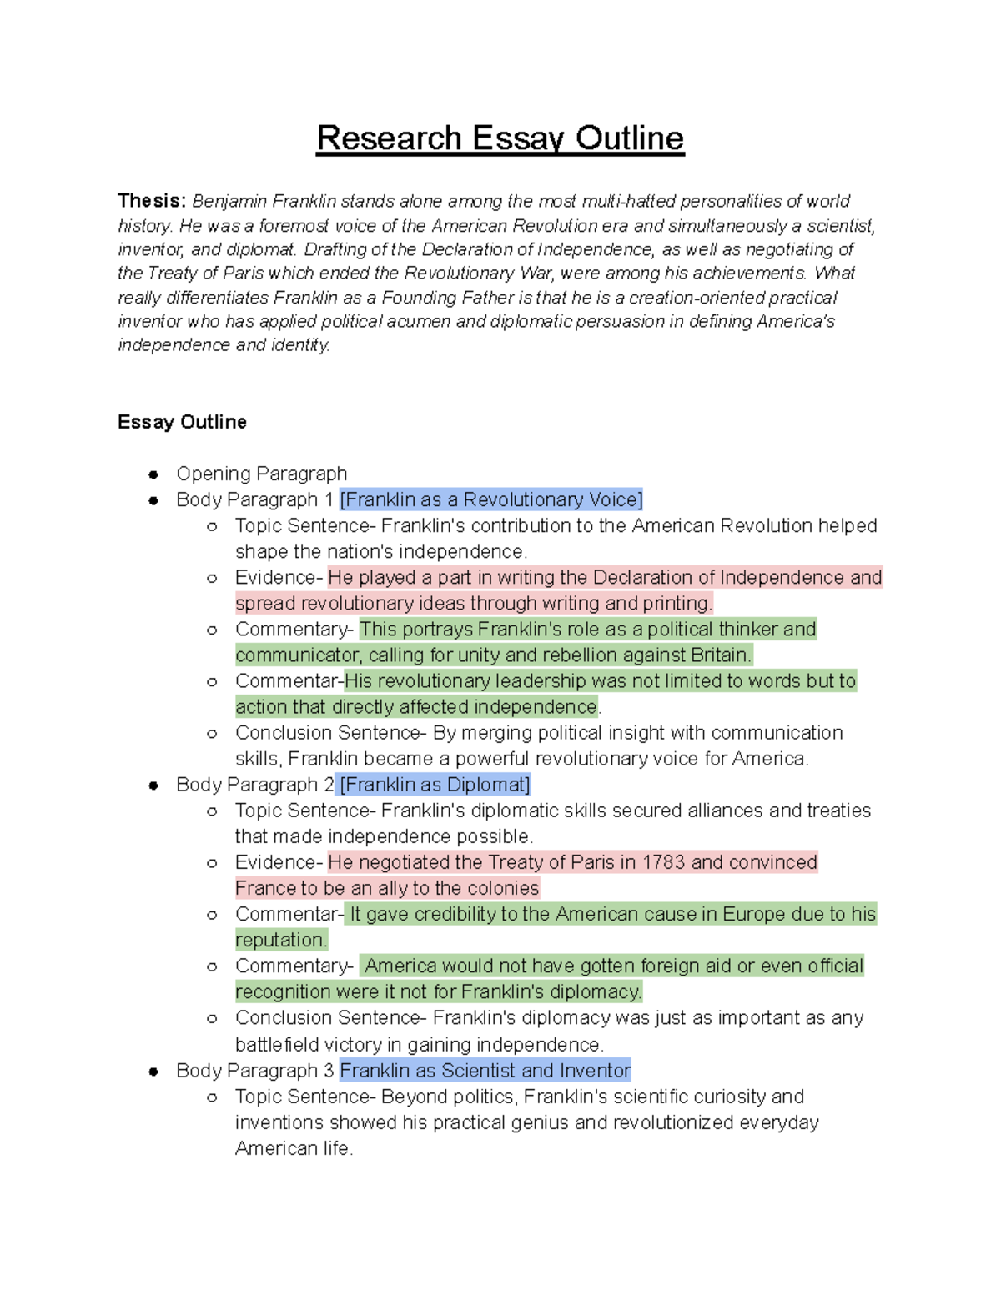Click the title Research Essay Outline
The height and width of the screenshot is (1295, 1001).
coord(500,138)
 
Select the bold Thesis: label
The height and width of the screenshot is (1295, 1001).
coord(151,201)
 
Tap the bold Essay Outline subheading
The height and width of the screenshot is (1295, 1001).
coord(182,422)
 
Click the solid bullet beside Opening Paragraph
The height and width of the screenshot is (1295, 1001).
coord(153,474)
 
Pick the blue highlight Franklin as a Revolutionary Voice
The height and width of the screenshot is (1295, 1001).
coord(491,499)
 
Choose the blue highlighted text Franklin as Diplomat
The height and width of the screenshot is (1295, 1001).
coord(435,785)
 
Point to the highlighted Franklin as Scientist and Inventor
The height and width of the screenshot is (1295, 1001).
coord(485,1071)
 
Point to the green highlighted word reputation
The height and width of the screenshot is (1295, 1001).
coord(281,941)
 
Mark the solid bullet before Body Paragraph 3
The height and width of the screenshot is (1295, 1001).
coord(153,1072)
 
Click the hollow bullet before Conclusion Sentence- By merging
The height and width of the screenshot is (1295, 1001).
coord(212,734)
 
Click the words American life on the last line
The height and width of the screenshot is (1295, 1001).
coord(293,1148)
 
